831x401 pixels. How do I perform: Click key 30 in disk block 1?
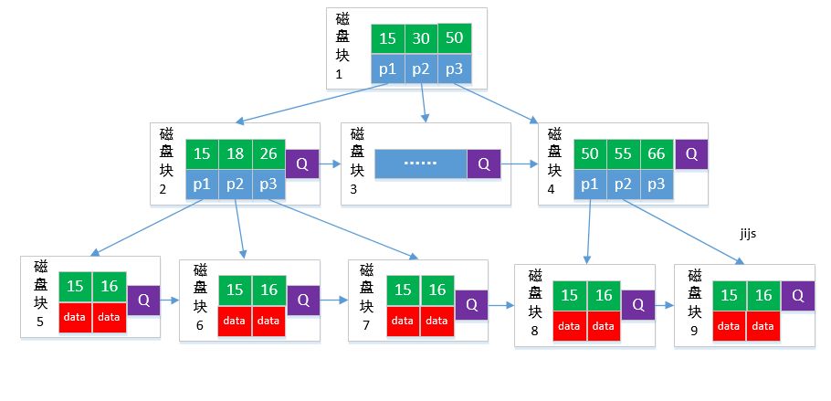pyautogui.click(x=421, y=39)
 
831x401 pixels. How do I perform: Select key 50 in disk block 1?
pyautogui.click(x=455, y=38)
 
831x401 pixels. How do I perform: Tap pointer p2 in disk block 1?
pyautogui.click(x=421, y=69)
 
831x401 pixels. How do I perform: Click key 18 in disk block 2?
pyautogui.click(x=236, y=153)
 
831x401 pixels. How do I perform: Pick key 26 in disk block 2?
pyautogui.click(x=268, y=153)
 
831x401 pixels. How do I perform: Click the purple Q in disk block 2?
pyautogui.click(x=302, y=164)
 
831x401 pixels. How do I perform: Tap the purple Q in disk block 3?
pyautogui.click(x=484, y=164)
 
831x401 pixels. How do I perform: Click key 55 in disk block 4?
pyautogui.click(x=624, y=153)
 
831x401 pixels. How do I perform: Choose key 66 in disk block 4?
pyautogui.click(x=657, y=153)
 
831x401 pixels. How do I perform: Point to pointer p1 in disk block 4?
pyautogui.click(x=591, y=184)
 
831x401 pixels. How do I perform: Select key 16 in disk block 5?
pyautogui.click(x=109, y=287)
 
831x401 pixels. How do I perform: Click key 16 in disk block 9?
pyautogui.click(x=763, y=295)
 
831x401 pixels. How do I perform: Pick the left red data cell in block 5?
pyautogui.click(x=76, y=316)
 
